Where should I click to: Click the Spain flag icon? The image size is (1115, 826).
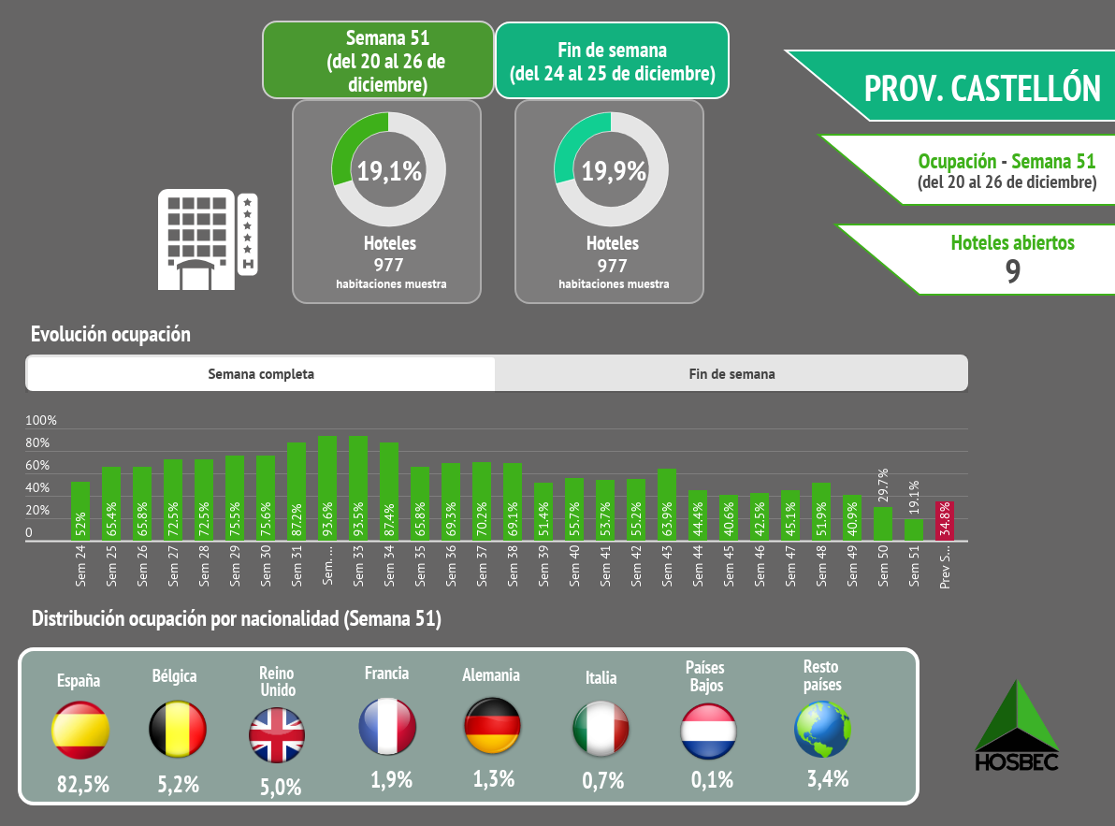click(80, 730)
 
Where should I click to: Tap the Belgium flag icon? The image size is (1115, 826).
click(178, 730)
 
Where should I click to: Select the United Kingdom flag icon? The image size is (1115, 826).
click(277, 735)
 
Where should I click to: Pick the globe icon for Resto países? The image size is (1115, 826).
click(822, 730)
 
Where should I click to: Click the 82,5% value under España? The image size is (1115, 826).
click(82, 784)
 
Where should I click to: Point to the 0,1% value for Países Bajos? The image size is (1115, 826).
click(712, 779)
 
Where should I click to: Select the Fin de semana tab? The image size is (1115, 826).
click(731, 374)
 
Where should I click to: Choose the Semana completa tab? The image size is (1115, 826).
click(261, 374)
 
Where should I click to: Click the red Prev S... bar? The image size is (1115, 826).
click(945, 521)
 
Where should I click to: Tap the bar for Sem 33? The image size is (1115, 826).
click(358, 488)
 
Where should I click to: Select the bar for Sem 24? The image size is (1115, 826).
click(80, 511)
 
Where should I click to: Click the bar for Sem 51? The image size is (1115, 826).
click(914, 529)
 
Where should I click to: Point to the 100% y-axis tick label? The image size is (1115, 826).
click(41, 421)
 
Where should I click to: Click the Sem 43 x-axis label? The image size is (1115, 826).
click(667, 566)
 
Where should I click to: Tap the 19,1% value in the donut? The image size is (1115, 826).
click(387, 171)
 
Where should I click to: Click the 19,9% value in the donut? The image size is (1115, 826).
click(614, 171)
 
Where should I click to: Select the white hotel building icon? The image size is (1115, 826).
click(207, 239)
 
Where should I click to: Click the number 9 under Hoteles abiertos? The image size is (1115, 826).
click(1012, 271)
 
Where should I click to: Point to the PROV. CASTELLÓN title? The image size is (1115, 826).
click(982, 88)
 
